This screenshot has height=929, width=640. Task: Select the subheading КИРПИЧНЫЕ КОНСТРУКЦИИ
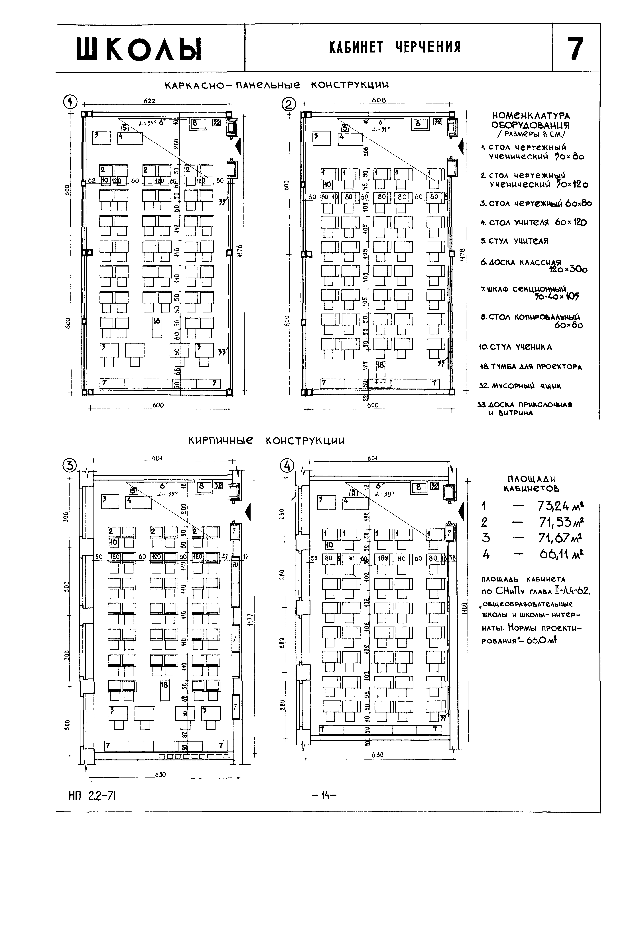pos(266,441)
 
